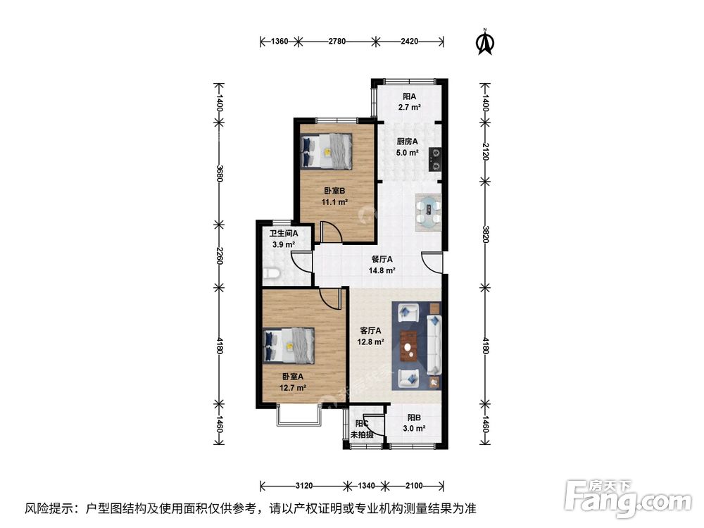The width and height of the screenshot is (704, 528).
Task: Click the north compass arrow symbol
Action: [x=484, y=42]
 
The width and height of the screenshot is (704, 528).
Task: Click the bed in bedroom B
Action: [x=326, y=151]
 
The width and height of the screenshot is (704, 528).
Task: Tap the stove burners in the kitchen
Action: [x=436, y=158]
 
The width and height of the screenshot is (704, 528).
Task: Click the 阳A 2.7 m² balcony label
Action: [x=409, y=102]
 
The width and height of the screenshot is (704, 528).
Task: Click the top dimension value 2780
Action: [x=337, y=42]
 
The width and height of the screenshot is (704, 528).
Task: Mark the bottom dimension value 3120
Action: [x=303, y=486]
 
